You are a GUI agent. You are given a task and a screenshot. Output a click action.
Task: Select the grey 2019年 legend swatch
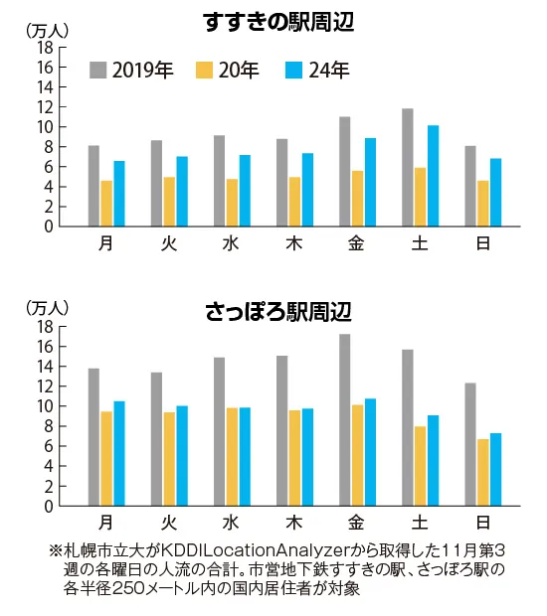click(x=97, y=70)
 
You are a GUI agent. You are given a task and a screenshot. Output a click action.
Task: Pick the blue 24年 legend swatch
click(x=295, y=70)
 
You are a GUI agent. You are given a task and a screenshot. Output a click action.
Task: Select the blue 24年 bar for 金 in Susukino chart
click(x=370, y=182)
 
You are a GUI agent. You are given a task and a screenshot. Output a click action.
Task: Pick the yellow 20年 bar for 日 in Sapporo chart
click(x=483, y=472)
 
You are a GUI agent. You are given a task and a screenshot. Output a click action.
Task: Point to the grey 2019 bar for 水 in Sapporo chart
click(x=219, y=431)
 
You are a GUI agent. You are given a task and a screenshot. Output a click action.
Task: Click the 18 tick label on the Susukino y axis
click(x=45, y=48)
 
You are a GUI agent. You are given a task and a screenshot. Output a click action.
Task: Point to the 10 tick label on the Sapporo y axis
click(x=45, y=406)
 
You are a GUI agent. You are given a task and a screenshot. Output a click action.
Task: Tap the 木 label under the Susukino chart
click(x=293, y=241)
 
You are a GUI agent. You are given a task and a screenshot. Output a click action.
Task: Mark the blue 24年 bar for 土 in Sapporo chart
click(x=433, y=460)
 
